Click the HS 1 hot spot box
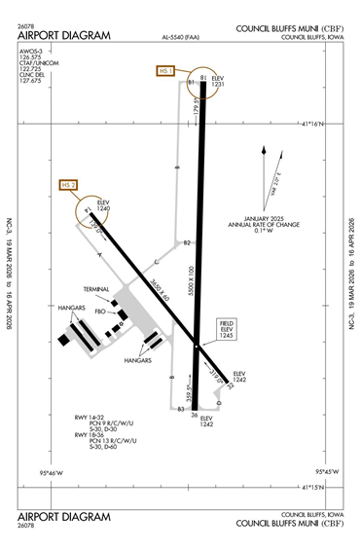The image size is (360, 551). [x=164, y=71]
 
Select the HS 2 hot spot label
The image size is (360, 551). [x=68, y=184]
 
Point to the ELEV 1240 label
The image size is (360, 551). [x=105, y=206]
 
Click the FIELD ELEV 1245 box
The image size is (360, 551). [x=228, y=328]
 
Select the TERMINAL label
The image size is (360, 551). [x=95, y=289]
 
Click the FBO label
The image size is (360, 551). [x=99, y=312]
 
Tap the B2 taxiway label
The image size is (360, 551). [x=188, y=241]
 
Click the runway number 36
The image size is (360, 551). [x=195, y=416]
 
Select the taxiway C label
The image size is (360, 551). [x=156, y=262]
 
